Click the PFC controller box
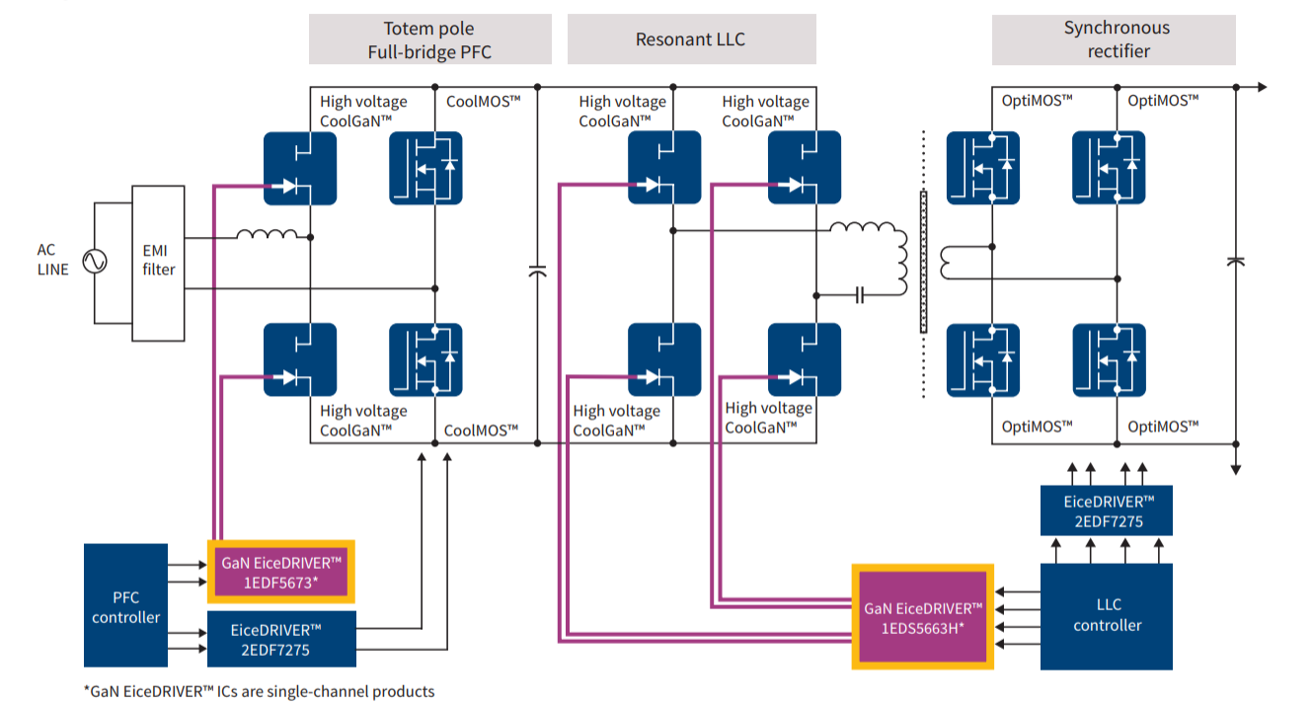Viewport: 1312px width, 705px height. tap(125, 607)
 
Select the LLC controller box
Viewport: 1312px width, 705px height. tap(1107, 614)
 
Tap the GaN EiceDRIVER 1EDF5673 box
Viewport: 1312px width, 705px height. tap(280, 572)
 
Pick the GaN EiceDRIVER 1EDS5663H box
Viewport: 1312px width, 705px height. tap(922, 617)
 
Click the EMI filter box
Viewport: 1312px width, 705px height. tap(158, 261)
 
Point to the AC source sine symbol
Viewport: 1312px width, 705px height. tap(96, 262)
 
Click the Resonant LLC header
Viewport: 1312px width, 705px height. tap(690, 39)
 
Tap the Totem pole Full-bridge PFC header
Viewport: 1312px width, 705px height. tap(429, 39)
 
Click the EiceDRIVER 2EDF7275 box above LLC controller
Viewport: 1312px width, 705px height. tap(1107, 510)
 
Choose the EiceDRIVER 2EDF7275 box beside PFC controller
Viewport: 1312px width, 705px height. tap(281, 638)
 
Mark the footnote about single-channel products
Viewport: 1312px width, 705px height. tap(259, 691)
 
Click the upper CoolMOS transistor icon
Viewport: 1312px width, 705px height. tap(425, 168)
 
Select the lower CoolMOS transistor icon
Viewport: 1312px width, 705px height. tap(425, 359)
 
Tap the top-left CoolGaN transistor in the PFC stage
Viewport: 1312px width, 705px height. tap(299, 168)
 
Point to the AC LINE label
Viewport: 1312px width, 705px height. tap(52, 260)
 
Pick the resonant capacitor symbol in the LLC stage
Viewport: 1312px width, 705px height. tap(859, 294)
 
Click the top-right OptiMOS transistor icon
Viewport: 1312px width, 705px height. tap(1109, 168)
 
